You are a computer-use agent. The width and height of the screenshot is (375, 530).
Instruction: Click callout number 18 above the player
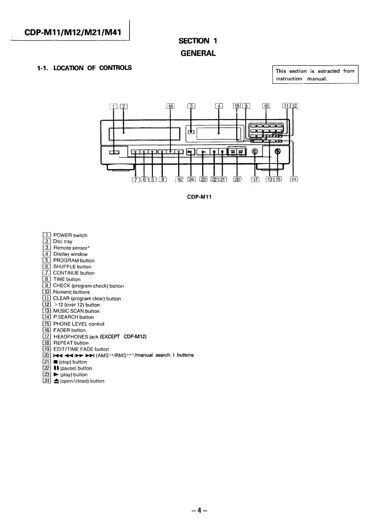170,106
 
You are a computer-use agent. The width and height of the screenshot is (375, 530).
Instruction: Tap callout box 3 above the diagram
191,106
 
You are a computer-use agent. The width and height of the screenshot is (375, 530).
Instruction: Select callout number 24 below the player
191,180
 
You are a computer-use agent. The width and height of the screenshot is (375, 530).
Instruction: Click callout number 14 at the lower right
294,180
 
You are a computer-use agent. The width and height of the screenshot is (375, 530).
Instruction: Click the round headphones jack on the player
255,152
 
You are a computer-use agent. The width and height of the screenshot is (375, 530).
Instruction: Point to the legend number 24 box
47,381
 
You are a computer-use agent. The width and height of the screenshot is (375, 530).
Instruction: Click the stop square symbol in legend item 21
56,362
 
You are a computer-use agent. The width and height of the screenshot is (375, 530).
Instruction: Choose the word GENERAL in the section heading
198,53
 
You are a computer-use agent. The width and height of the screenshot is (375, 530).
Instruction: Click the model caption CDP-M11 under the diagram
199,197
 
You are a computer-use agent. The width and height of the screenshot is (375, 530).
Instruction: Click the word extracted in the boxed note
328,71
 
